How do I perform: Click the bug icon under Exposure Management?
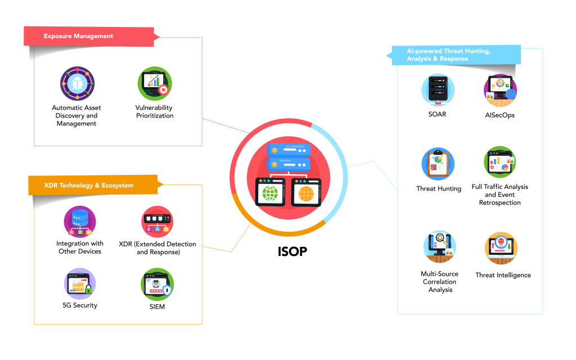pyautogui.click(x=78, y=84)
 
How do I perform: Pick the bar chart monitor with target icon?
pyautogui.click(x=155, y=84)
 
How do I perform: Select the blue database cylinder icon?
pyautogui.click(x=80, y=221)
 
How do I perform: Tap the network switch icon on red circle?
pyautogui.click(x=157, y=221)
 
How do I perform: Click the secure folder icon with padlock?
pyautogui.click(x=80, y=283)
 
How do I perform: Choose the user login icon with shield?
pyautogui.click(x=157, y=284)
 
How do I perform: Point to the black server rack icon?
pyautogui.click(x=438, y=90)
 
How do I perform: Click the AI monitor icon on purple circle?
pyautogui.click(x=500, y=90)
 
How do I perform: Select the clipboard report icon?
pyautogui.click(x=438, y=164)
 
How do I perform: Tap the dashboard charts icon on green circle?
pyautogui.click(x=500, y=163)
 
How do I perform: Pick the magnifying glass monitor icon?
pyautogui.click(x=439, y=246)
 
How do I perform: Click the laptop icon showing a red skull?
pyautogui.click(x=501, y=247)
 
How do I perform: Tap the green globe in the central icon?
pyautogui.click(x=271, y=193)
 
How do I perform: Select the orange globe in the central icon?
pyautogui.click(x=306, y=194)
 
